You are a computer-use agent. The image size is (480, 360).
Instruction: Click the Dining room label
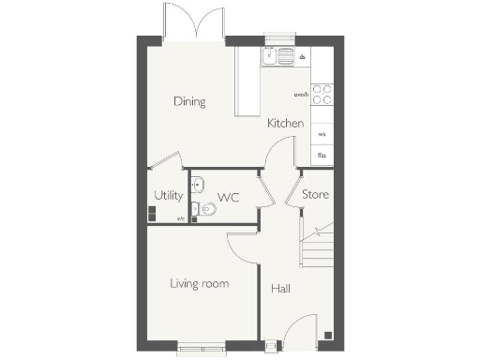189,101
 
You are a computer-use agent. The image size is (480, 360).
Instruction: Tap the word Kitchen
285,124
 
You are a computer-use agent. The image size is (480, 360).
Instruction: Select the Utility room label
168,196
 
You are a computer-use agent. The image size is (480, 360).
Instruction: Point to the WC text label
229,197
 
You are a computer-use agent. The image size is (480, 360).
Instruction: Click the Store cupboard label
314,195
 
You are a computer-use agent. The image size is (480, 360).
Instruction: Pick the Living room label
199,283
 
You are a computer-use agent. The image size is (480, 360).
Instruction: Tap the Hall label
280,289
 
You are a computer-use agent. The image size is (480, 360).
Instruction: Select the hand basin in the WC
197,183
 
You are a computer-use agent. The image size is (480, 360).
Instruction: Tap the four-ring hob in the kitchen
322,95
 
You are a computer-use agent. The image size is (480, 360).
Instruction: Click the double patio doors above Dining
193,21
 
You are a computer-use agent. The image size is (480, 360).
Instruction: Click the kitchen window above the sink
279,38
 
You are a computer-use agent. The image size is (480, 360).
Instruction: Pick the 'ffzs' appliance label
322,155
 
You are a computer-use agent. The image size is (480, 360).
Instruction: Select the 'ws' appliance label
322,133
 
